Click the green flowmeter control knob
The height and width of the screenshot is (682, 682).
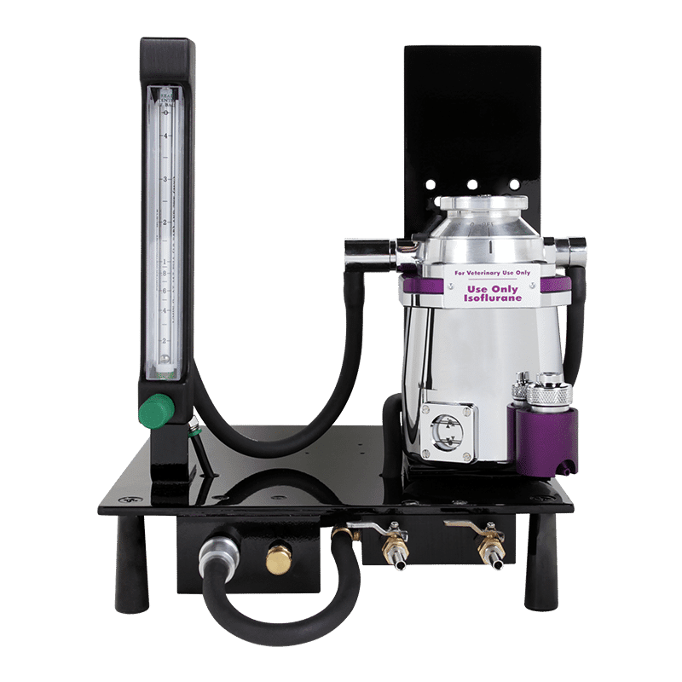coord(153,411)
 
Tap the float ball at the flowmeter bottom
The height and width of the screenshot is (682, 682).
coord(164,361)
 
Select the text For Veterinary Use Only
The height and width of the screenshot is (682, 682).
coord(486,275)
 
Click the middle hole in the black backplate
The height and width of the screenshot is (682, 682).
coord(471,183)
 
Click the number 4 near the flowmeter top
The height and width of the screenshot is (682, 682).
coord(165,136)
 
